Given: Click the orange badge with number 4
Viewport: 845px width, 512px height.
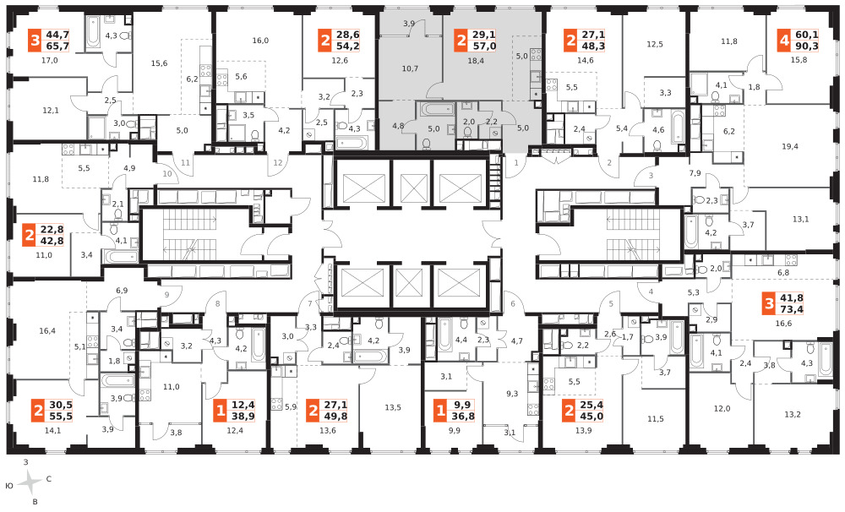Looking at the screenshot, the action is [784, 41].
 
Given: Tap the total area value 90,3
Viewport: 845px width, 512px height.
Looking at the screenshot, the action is [806, 46].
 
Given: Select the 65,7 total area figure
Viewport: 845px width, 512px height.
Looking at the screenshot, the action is [57, 46].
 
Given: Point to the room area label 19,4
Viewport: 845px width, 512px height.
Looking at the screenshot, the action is [790, 146].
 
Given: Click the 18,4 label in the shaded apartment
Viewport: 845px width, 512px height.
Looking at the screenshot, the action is [476, 61].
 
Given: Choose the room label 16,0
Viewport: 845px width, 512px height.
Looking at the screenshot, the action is [260, 41].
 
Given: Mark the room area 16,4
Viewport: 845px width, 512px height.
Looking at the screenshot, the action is [47, 331].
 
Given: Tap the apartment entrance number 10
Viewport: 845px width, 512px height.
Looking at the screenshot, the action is [167, 173].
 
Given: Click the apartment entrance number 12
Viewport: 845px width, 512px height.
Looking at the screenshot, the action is [278, 163].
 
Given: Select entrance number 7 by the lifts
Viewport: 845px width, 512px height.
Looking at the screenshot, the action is [310, 303].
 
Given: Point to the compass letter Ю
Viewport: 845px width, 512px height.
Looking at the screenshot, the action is [9, 486].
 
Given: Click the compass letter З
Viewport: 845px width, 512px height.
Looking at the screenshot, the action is [26, 462].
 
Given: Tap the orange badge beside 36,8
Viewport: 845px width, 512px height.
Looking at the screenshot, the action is [441, 411].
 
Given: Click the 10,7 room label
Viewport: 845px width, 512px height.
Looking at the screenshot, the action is [410, 68].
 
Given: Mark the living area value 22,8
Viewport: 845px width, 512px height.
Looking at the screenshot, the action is [52, 230].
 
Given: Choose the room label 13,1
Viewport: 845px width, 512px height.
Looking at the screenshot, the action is [801, 219].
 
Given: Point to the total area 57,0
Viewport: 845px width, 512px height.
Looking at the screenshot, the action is [484, 46].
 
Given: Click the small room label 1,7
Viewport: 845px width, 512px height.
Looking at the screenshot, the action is [628, 337].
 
